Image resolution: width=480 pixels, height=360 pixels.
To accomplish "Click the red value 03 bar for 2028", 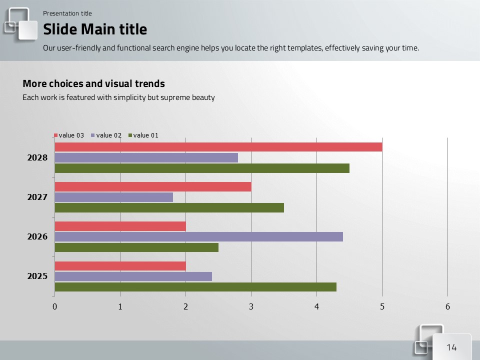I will click(218, 147).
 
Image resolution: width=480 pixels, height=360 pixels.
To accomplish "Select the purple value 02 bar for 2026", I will click(198, 236).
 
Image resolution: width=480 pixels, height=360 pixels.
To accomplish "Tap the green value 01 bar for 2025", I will click(195, 287).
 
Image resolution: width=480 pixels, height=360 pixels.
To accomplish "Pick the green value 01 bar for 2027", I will click(169, 207).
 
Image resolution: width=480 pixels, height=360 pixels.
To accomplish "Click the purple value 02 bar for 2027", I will click(113, 197).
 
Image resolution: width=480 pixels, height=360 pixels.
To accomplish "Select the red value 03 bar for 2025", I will click(120, 266).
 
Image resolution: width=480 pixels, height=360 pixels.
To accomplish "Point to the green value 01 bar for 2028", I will click(201, 168).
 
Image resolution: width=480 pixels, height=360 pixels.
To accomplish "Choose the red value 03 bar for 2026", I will click(120, 226).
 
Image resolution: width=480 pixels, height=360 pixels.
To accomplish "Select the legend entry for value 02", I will click(106, 135).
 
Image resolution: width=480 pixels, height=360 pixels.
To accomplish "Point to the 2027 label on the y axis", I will click(37, 197).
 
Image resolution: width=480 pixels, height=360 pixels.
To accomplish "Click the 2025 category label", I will click(37, 276).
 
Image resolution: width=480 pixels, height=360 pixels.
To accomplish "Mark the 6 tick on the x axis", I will click(447, 307).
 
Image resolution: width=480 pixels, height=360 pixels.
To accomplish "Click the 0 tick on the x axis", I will click(54, 307).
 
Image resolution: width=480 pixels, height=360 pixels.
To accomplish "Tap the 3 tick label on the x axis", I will click(251, 307).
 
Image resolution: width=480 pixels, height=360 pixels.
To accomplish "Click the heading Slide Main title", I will click(95, 29).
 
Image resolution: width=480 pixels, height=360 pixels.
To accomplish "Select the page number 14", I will click(451, 347).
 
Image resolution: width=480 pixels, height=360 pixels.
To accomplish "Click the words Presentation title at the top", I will click(67, 13).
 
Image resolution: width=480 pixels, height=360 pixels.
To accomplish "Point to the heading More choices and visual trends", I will click(93, 84).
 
